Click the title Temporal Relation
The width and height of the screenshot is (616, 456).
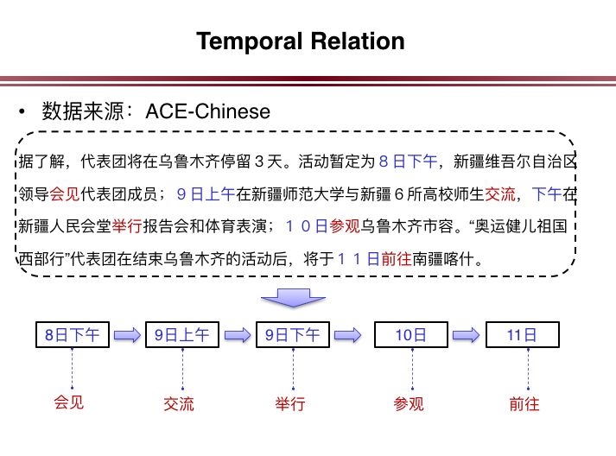(x=301, y=41)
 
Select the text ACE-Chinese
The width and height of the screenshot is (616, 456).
(x=207, y=111)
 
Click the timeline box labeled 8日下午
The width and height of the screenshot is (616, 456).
(x=73, y=334)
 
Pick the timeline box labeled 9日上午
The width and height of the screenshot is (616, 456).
(x=182, y=334)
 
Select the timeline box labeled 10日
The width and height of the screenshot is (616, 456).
(x=410, y=334)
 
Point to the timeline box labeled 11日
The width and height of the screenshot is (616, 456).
(x=522, y=334)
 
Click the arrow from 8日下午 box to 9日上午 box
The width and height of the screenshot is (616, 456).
(x=127, y=334)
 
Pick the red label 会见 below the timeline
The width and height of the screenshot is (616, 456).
(x=73, y=403)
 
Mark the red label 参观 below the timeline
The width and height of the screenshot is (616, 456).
(x=409, y=403)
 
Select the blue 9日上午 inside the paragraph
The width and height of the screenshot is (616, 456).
(x=206, y=193)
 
